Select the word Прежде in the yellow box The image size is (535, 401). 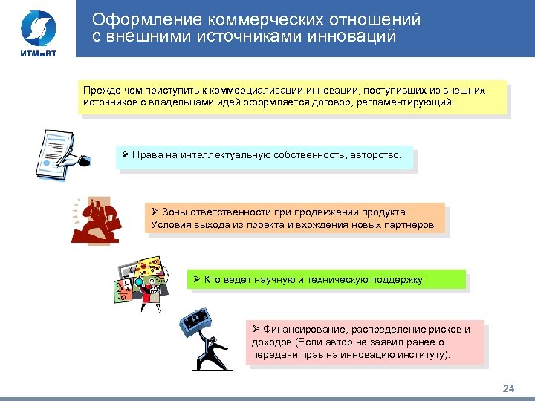pos(101,91)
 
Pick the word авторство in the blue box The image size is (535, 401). pos(375,155)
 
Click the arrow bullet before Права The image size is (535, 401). pos(126,154)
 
